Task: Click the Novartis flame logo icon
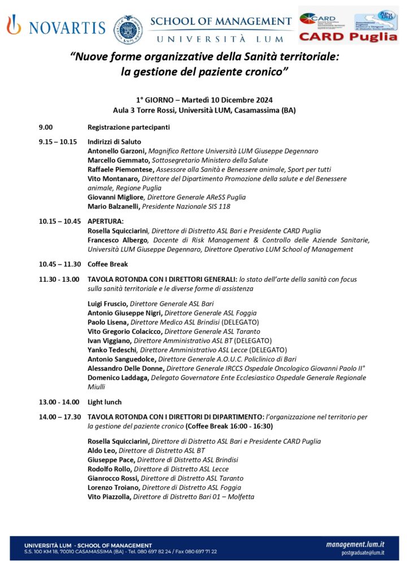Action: (x=14, y=25)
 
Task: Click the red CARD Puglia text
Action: (x=348, y=37)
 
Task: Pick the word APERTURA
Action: (x=105, y=221)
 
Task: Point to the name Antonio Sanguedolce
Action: (x=122, y=358)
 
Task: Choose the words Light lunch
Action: (x=105, y=402)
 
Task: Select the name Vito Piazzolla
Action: (x=110, y=496)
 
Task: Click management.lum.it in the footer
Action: (x=355, y=544)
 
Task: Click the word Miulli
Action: (x=98, y=387)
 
